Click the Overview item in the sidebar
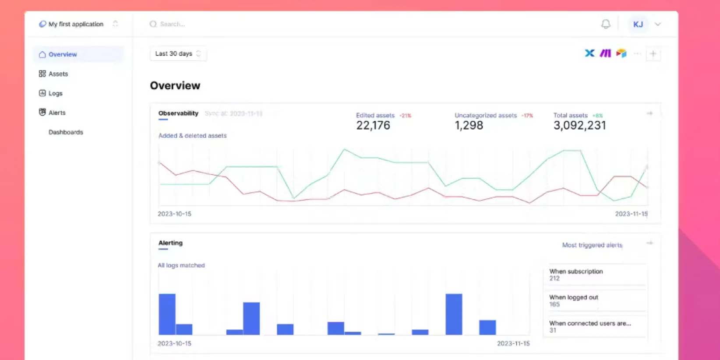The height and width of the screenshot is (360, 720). (62, 54)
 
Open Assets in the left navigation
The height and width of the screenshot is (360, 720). (58, 74)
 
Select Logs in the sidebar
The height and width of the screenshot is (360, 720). (55, 93)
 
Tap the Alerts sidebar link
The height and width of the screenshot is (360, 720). (56, 113)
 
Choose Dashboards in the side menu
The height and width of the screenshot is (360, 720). (66, 132)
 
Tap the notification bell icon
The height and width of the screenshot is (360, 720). (606, 24)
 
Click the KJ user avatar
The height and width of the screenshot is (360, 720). (638, 24)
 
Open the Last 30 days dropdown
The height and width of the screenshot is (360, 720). (178, 53)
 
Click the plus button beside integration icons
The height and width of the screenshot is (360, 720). (653, 54)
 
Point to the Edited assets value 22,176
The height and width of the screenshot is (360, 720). (373, 126)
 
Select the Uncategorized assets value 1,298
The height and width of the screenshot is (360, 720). (469, 126)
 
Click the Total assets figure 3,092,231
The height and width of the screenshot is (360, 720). (579, 126)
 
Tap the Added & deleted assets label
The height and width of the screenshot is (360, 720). (193, 136)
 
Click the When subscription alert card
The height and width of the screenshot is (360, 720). (595, 275)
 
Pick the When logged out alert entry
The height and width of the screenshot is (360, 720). (595, 300)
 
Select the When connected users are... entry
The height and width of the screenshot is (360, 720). (595, 326)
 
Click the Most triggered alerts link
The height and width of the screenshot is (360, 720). (592, 245)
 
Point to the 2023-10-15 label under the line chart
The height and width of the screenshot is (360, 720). (174, 214)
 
